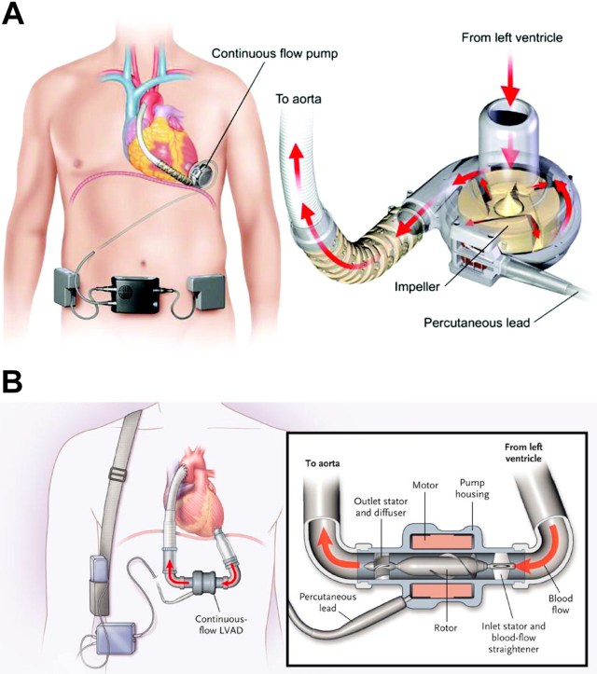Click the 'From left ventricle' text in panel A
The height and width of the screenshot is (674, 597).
pos(509,38)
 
